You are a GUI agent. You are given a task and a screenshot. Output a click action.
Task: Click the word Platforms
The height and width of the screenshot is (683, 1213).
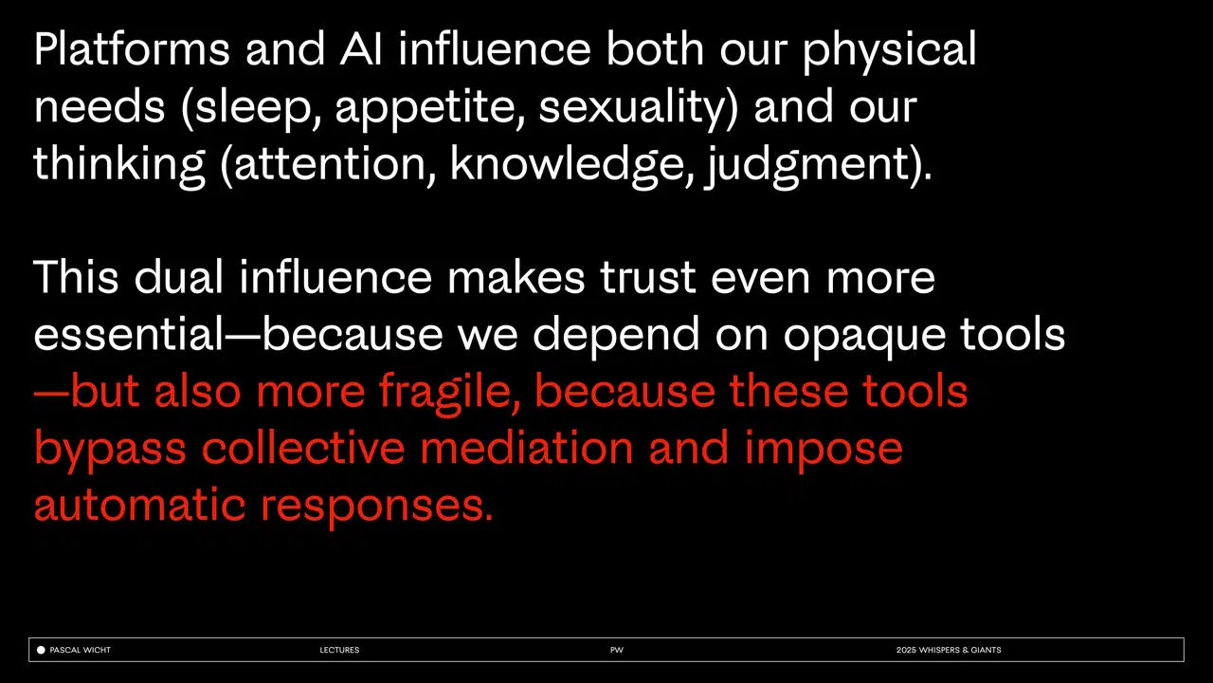(x=132, y=49)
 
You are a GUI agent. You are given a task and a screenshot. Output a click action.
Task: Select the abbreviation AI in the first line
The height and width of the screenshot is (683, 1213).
(x=361, y=49)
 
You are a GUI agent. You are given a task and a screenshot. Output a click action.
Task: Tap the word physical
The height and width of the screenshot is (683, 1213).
(x=889, y=52)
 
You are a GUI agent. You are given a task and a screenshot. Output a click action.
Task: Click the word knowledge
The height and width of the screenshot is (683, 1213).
(x=567, y=165)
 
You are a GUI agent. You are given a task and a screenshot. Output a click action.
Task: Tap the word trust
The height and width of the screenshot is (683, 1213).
(x=647, y=279)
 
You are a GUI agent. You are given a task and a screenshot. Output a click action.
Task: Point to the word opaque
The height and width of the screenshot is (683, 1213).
(x=864, y=337)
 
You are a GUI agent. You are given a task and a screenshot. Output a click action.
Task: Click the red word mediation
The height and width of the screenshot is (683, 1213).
(x=526, y=448)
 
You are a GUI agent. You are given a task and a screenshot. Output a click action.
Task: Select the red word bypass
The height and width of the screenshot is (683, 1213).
(x=110, y=451)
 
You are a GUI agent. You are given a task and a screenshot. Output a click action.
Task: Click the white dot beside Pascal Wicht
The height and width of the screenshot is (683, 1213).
(x=41, y=650)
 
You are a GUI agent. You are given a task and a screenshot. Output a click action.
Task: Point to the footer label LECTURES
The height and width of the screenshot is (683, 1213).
(x=339, y=650)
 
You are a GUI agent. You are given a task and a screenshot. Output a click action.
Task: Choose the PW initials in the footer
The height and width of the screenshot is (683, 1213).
(x=617, y=650)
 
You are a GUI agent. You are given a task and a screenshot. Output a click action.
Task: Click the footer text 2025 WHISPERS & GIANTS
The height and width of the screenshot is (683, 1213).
(x=949, y=650)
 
